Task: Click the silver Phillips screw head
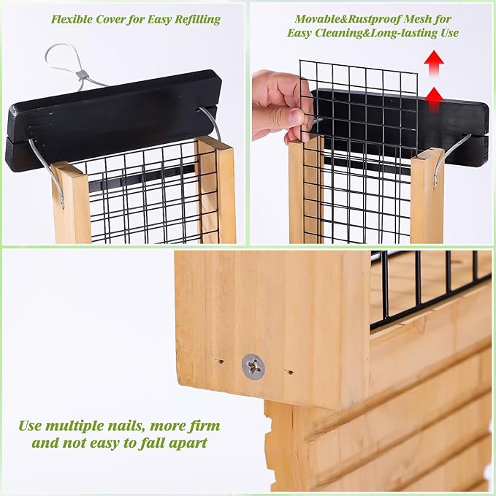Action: pyautogui.click(x=253, y=367)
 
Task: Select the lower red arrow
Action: pyautogui.click(x=434, y=99)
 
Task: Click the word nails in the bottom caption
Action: pyautogui.click(x=125, y=426)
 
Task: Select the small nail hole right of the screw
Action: pyautogui.click(x=289, y=372)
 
